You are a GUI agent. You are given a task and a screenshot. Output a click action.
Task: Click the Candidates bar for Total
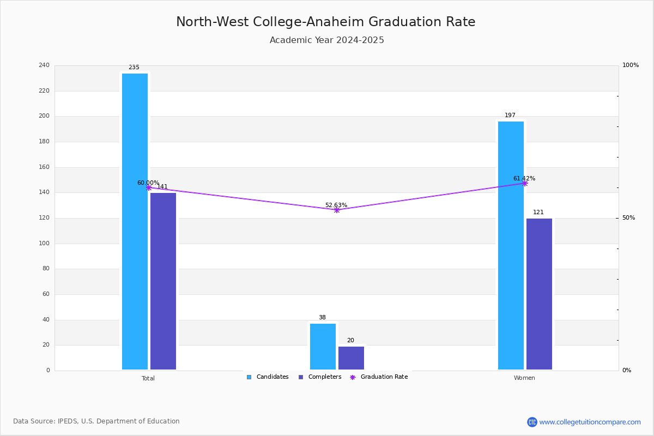click(135, 221)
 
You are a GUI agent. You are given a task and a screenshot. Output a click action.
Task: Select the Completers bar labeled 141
click(163, 281)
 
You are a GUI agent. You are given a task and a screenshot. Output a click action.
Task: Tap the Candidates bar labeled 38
click(323, 347)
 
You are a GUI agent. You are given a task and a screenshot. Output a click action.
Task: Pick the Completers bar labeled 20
click(351, 358)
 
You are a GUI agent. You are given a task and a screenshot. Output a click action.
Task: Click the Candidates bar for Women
click(511, 246)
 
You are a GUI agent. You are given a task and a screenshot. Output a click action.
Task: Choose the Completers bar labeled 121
click(539, 294)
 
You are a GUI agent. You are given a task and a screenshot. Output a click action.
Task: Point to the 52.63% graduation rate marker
click(337, 210)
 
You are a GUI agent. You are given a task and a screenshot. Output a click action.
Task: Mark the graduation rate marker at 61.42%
click(525, 184)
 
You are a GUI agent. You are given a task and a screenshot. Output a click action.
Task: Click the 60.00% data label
click(148, 183)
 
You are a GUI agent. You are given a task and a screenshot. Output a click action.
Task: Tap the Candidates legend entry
click(268, 377)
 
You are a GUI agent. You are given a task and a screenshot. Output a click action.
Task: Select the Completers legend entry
click(320, 377)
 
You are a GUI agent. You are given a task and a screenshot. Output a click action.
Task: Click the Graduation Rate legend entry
click(379, 377)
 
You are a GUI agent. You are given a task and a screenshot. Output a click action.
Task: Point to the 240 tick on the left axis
click(44, 65)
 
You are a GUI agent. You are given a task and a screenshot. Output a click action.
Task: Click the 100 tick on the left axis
click(44, 243)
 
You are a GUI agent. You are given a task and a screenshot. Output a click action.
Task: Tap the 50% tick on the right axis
click(628, 218)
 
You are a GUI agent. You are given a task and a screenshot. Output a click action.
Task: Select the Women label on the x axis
click(524, 378)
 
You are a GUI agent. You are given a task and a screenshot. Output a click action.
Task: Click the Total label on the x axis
click(148, 378)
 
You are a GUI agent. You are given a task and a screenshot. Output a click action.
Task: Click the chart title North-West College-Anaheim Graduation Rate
click(326, 22)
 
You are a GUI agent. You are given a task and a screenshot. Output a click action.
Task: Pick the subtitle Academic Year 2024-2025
click(326, 40)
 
